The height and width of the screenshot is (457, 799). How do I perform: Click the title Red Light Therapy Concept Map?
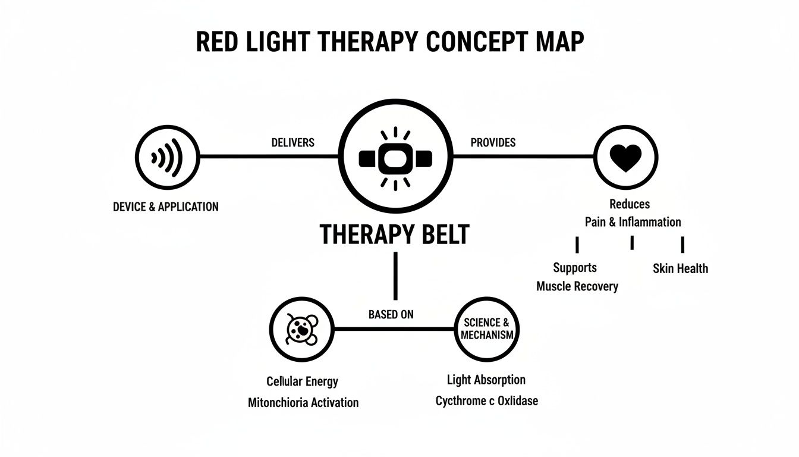pos(389,42)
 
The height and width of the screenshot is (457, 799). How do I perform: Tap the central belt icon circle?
pos(395,158)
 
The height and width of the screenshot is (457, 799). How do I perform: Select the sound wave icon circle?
pos(167,157)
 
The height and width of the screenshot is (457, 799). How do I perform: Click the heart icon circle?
pos(626,157)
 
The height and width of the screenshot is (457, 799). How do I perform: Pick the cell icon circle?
pos(301,328)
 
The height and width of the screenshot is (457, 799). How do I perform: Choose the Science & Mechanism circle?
pos(486,328)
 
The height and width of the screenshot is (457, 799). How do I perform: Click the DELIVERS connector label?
pos(292,143)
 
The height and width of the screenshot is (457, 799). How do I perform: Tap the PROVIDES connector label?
pos(493,143)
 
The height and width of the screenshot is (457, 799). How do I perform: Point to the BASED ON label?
pos(391,314)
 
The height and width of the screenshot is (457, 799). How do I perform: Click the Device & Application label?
pos(165,207)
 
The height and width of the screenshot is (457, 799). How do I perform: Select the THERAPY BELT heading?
pos(395,234)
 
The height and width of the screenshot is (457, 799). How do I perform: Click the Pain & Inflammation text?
pos(632,222)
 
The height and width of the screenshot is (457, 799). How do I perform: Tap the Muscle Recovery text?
pos(577,286)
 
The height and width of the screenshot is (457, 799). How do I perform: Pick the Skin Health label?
pos(680,268)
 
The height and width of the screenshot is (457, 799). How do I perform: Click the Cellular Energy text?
pos(302,381)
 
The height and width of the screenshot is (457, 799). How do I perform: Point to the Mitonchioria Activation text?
pos(303,402)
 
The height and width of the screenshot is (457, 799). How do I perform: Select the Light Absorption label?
pos(486,380)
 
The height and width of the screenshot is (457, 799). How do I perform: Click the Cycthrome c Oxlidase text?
pos(486,400)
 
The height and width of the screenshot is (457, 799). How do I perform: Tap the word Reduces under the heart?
pos(630,204)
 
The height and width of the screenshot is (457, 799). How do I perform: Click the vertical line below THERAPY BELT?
pos(395,276)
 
